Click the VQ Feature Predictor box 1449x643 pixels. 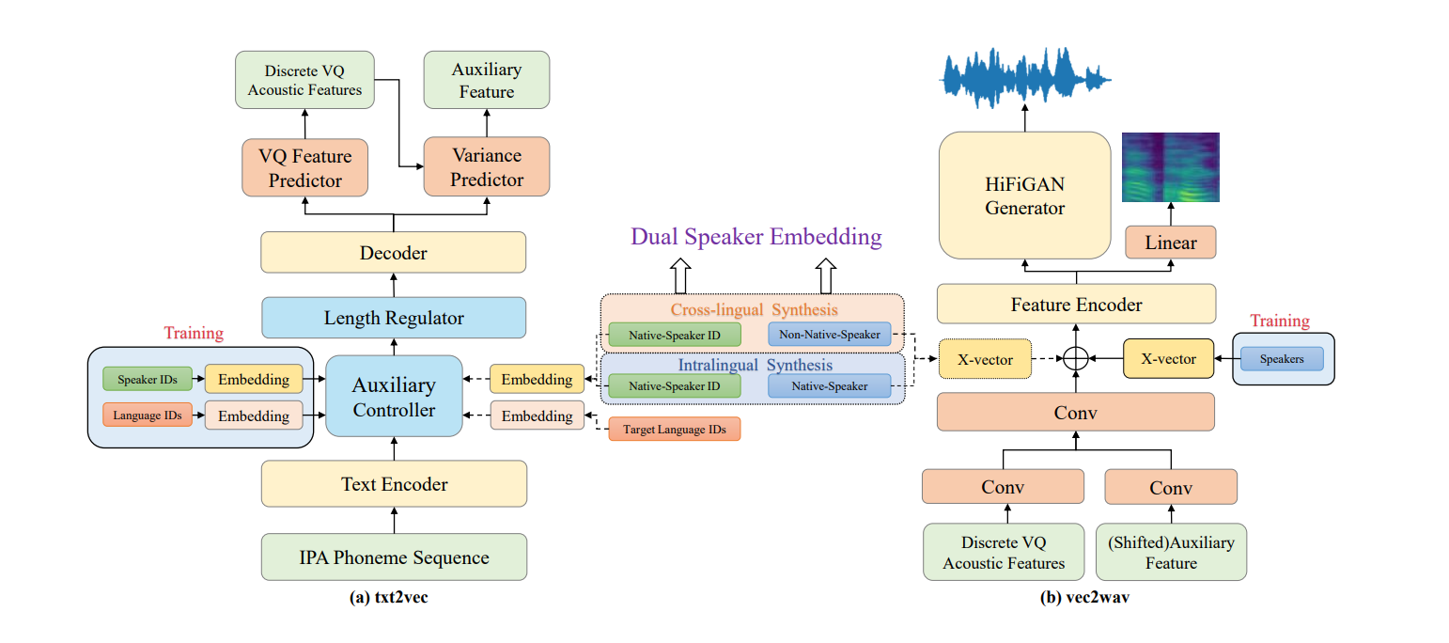304,167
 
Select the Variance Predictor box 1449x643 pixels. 486,167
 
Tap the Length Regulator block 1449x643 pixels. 393,318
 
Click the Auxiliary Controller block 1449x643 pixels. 394,397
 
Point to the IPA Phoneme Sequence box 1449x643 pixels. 393,557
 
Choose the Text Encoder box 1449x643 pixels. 393,484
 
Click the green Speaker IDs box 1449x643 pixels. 147,379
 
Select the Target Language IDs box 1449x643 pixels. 674,430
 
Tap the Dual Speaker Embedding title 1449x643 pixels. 756,237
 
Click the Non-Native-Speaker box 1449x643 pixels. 829,335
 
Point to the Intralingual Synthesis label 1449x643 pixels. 755,365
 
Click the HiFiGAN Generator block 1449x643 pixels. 1024,195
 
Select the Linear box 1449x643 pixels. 1170,243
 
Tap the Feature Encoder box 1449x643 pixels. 1076,305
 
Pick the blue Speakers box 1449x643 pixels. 1281,359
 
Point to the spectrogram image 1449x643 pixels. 1170,167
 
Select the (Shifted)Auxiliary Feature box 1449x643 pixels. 1170,552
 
